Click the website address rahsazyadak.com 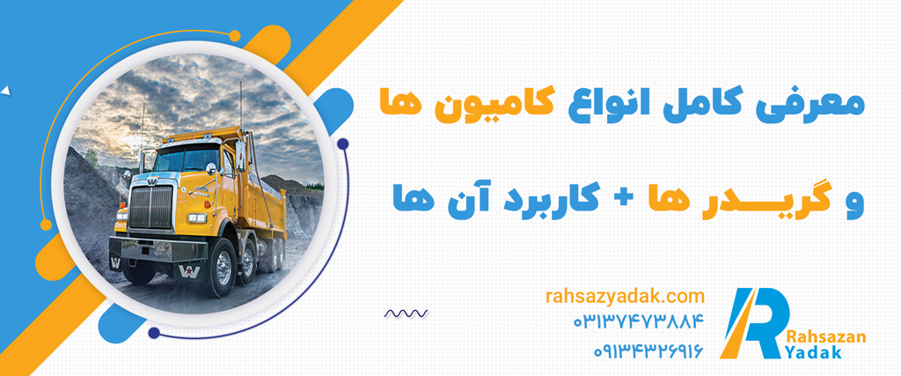coord(624,298)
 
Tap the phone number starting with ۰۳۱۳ coord(638,321)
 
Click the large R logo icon coord(754,322)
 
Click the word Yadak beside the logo coord(815,353)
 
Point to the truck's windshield coord(185,159)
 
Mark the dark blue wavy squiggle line coord(406,313)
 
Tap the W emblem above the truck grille coord(151,181)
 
